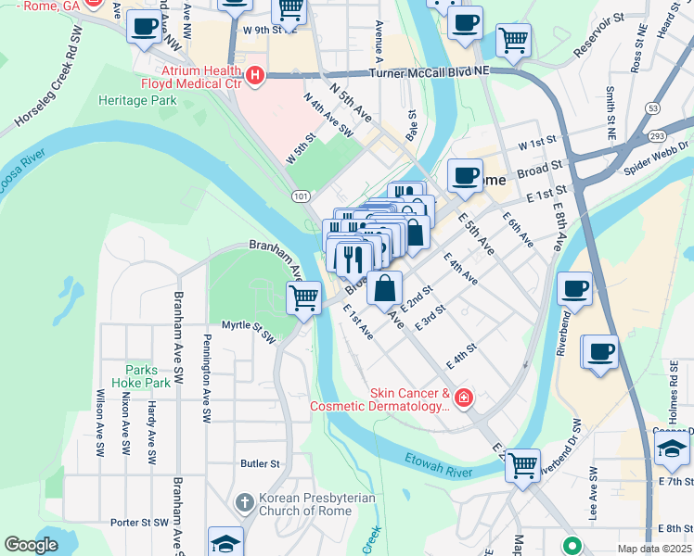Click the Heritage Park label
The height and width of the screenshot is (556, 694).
pos(137,99)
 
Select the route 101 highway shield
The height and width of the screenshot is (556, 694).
pos(300,196)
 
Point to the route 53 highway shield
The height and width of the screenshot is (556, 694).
pos(653,108)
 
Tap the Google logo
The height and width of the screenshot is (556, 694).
pos(31,545)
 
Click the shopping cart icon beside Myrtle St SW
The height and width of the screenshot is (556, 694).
pos(304,298)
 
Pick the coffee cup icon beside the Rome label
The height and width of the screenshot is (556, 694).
pos(465,173)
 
